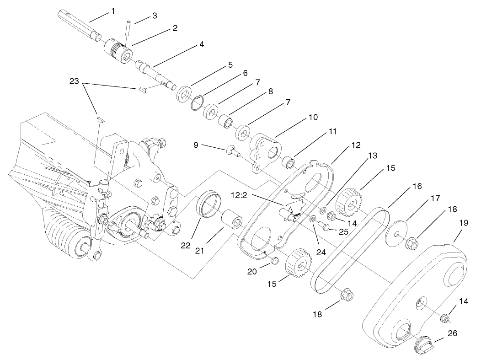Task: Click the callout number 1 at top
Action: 112,11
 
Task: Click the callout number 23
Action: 74,81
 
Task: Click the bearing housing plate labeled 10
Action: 266,150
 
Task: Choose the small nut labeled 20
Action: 275,260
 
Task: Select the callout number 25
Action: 343,232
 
